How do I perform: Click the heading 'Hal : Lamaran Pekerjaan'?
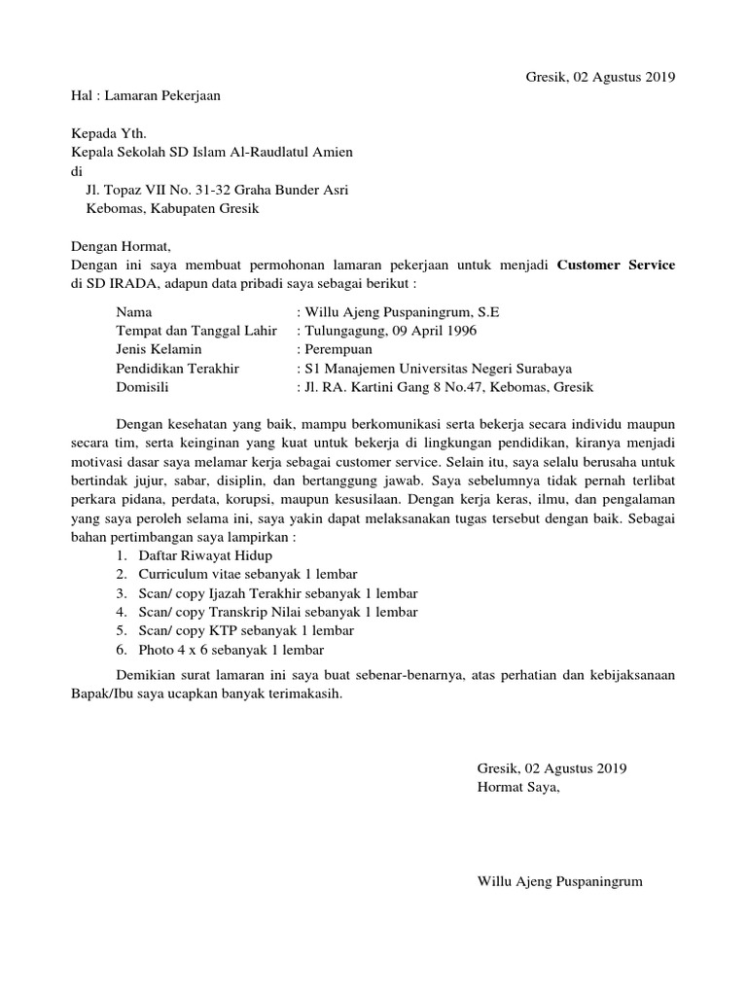tap(153, 96)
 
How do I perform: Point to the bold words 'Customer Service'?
tap(617, 265)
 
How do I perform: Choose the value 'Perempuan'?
tap(334, 350)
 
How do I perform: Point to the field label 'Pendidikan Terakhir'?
tap(177, 369)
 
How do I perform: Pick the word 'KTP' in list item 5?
tap(223, 630)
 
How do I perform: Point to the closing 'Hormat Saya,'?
tap(518, 787)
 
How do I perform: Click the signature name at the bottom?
tap(559, 881)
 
